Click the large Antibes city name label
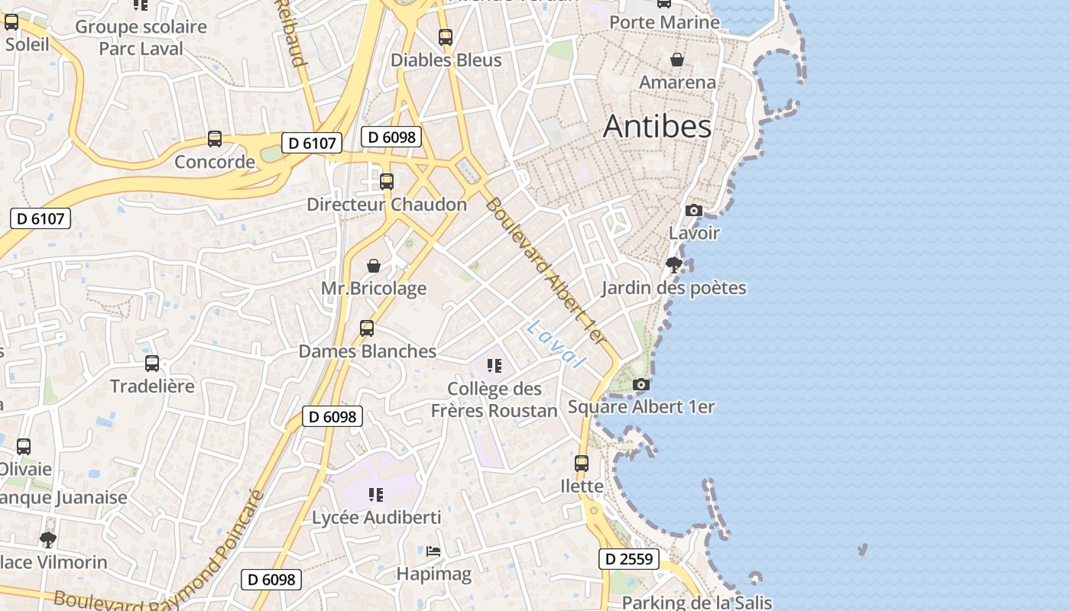(x=657, y=127)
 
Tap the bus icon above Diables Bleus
(x=446, y=37)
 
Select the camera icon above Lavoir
(x=694, y=210)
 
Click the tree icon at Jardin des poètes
(x=673, y=265)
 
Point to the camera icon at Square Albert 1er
(x=641, y=384)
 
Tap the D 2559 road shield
(x=628, y=559)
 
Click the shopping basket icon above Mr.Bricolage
(x=374, y=266)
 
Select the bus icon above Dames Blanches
(x=367, y=328)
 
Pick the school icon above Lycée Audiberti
(x=375, y=495)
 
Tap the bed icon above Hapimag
(x=433, y=551)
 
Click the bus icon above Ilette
(x=582, y=463)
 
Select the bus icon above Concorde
(x=215, y=139)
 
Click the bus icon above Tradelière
(x=152, y=364)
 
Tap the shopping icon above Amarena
(x=677, y=60)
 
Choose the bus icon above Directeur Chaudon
(x=387, y=182)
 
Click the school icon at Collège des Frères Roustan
(x=494, y=366)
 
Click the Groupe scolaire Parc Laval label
(x=141, y=37)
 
